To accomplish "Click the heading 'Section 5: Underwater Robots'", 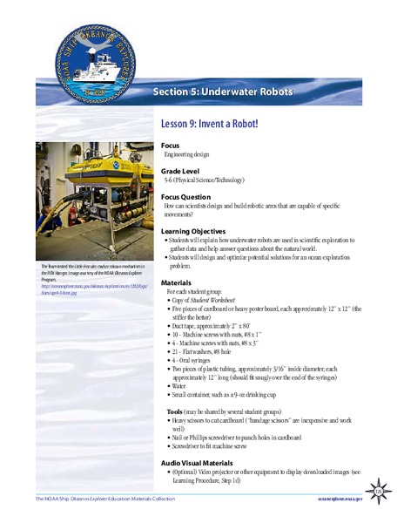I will coord(223,92).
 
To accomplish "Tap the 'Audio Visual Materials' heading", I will coord(199,463).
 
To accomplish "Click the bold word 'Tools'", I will coord(177,410).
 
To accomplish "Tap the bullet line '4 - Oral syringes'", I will coord(195,359).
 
